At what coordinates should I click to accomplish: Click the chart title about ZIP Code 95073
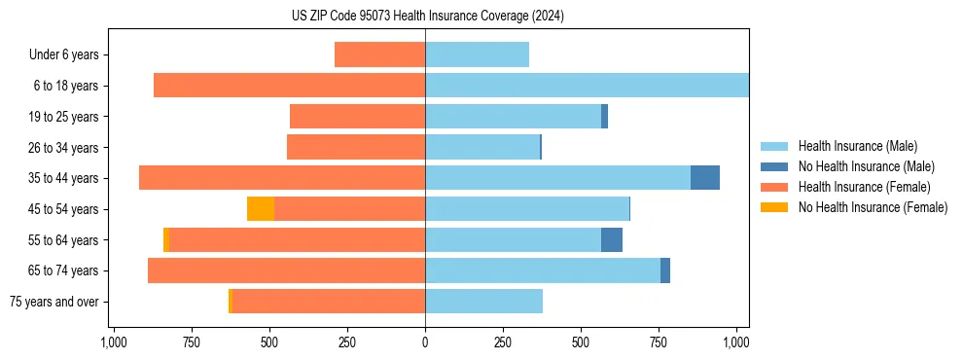(x=426, y=17)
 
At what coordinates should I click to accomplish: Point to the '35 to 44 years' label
(x=64, y=178)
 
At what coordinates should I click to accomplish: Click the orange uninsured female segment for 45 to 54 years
(x=261, y=209)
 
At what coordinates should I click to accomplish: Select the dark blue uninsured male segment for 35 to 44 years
(x=705, y=178)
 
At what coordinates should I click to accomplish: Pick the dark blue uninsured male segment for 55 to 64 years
(x=612, y=240)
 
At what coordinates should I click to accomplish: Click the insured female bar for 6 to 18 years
(x=289, y=86)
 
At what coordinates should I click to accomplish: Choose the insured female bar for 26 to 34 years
(x=356, y=147)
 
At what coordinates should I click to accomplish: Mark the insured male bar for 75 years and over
(x=483, y=302)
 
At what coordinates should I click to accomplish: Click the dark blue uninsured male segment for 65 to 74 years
(x=665, y=270)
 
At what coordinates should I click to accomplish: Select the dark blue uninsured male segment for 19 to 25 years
(x=604, y=117)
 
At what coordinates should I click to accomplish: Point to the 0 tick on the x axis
(x=425, y=342)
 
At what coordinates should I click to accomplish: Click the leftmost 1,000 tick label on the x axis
(x=113, y=342)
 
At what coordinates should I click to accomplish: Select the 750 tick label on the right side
(x=659, y=342)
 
